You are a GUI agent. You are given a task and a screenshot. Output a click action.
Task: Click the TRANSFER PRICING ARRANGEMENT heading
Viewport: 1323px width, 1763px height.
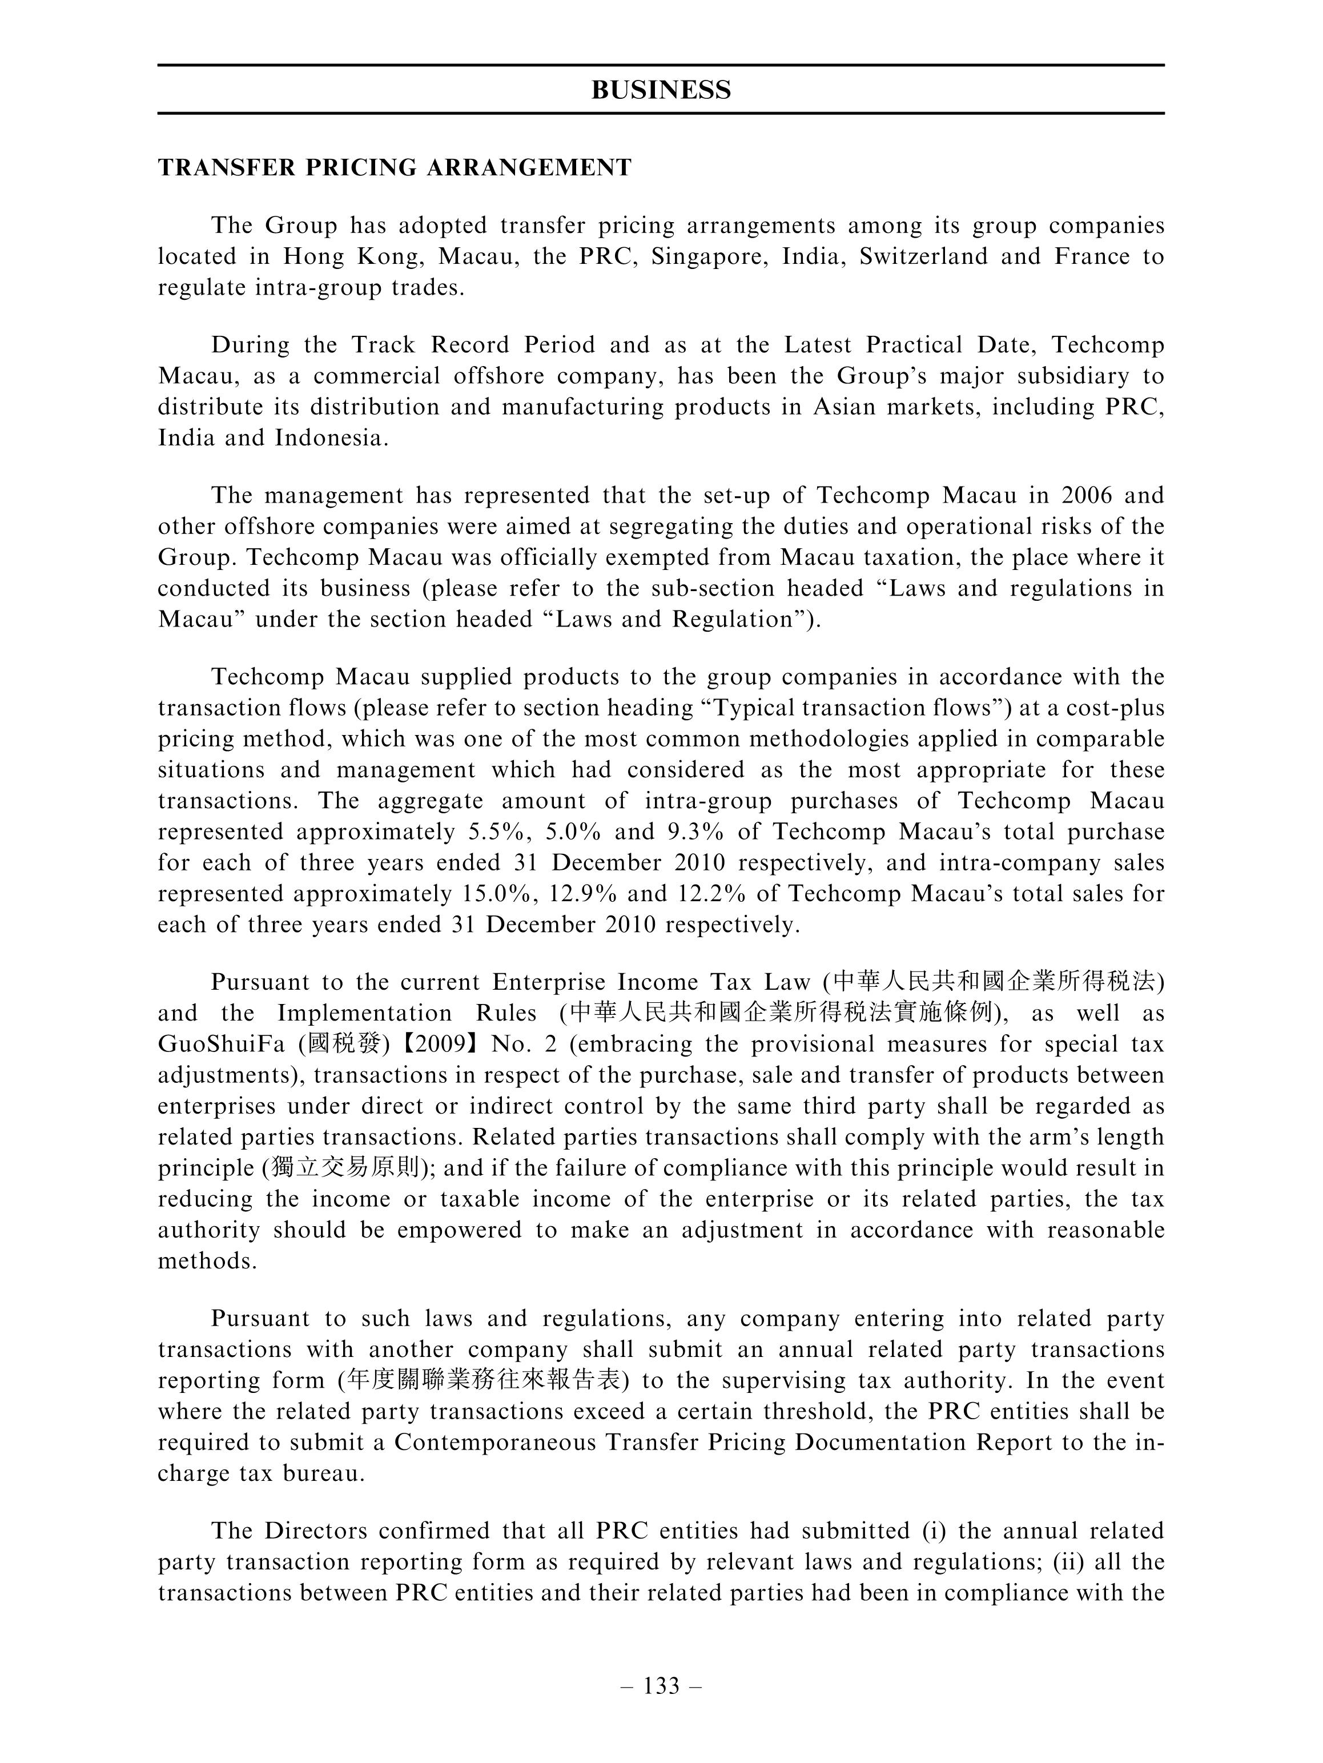(395, 167)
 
